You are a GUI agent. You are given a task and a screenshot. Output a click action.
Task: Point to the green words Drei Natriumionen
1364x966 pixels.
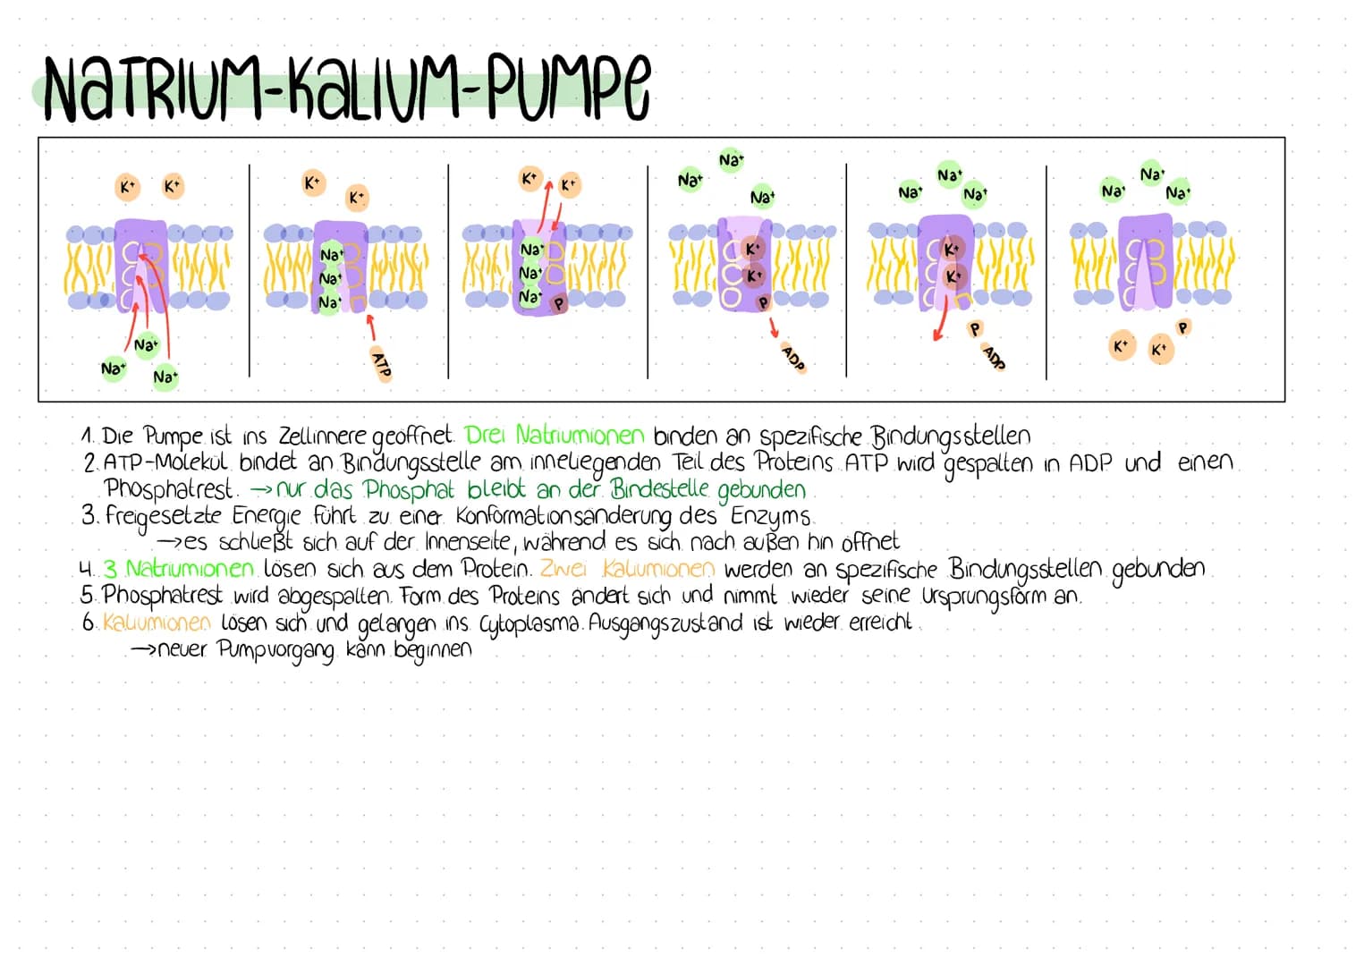(555, 436)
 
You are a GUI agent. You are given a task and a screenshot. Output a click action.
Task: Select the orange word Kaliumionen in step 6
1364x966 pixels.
(157, 623)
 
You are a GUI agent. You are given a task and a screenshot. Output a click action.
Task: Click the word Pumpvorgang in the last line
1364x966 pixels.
(277, 650)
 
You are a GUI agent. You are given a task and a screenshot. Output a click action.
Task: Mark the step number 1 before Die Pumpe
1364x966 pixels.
(87, 436)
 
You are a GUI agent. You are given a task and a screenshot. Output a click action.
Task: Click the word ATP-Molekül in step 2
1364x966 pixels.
(167, 463)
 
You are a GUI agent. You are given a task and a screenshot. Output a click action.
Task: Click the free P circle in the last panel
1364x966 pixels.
(1183, 328)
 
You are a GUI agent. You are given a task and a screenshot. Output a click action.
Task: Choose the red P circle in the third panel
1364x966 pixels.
(559, 303)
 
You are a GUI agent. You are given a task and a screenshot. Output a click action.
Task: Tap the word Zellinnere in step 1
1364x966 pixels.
(322, 436)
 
